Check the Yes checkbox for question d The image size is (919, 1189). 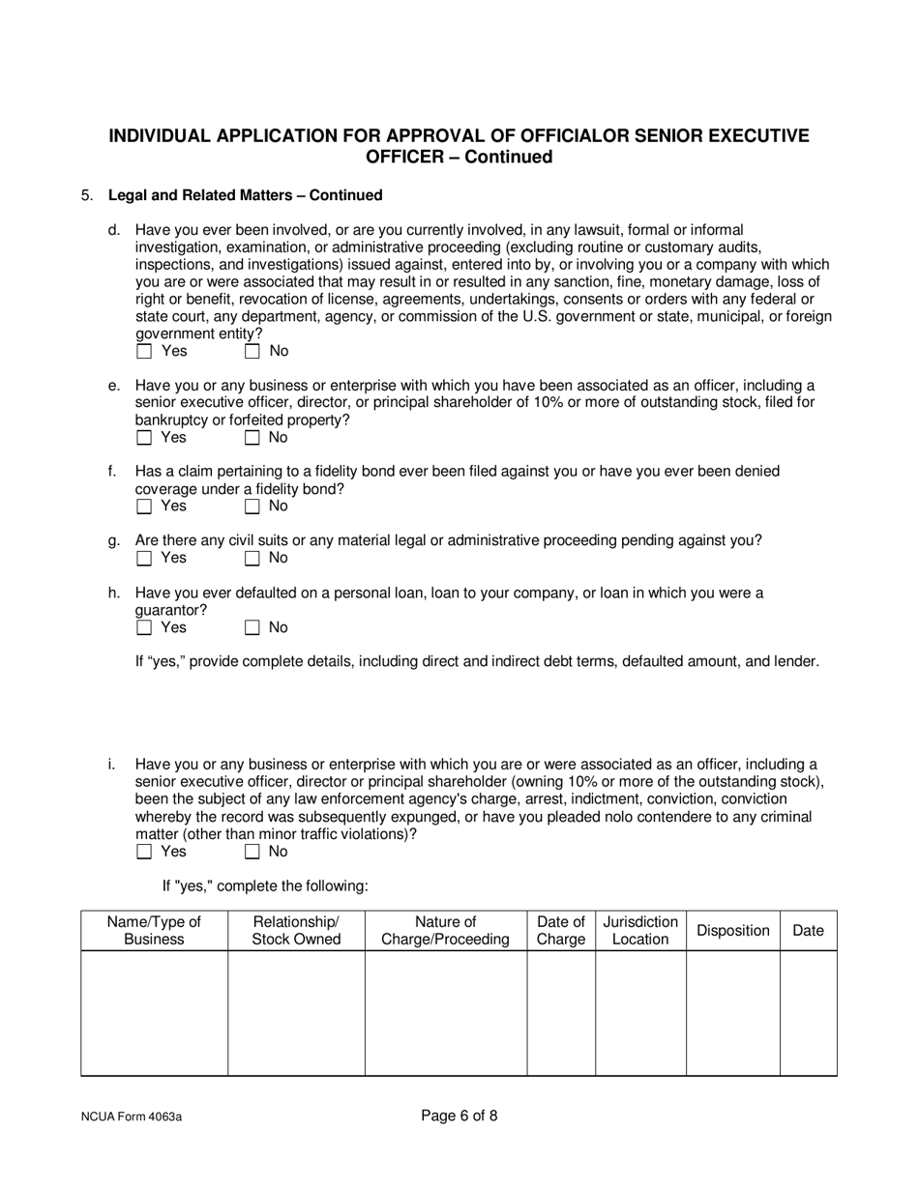[145, 352]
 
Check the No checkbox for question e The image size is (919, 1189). [252, 438]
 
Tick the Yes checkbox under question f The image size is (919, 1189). [145, 507]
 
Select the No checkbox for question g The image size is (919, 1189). [252, 558]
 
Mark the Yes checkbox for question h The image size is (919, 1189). [145, 628]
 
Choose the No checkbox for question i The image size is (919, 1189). [252, 852]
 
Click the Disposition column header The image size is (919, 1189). [732, 931]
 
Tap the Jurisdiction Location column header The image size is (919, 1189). [640, 931]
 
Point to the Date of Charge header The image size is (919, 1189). [560, 931]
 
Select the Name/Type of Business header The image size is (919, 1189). [154, 931]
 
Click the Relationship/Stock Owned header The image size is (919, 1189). [296, 931]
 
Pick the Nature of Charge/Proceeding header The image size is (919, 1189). [445, 931]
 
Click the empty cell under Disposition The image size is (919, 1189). [732, 1012]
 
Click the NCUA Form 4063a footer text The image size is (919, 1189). [132, 1117]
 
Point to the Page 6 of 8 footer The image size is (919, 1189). [459, 1116]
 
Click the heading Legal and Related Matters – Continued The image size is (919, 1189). [245, 195]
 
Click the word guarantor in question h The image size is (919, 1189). [170, 611]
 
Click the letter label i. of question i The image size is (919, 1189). [112, 764]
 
